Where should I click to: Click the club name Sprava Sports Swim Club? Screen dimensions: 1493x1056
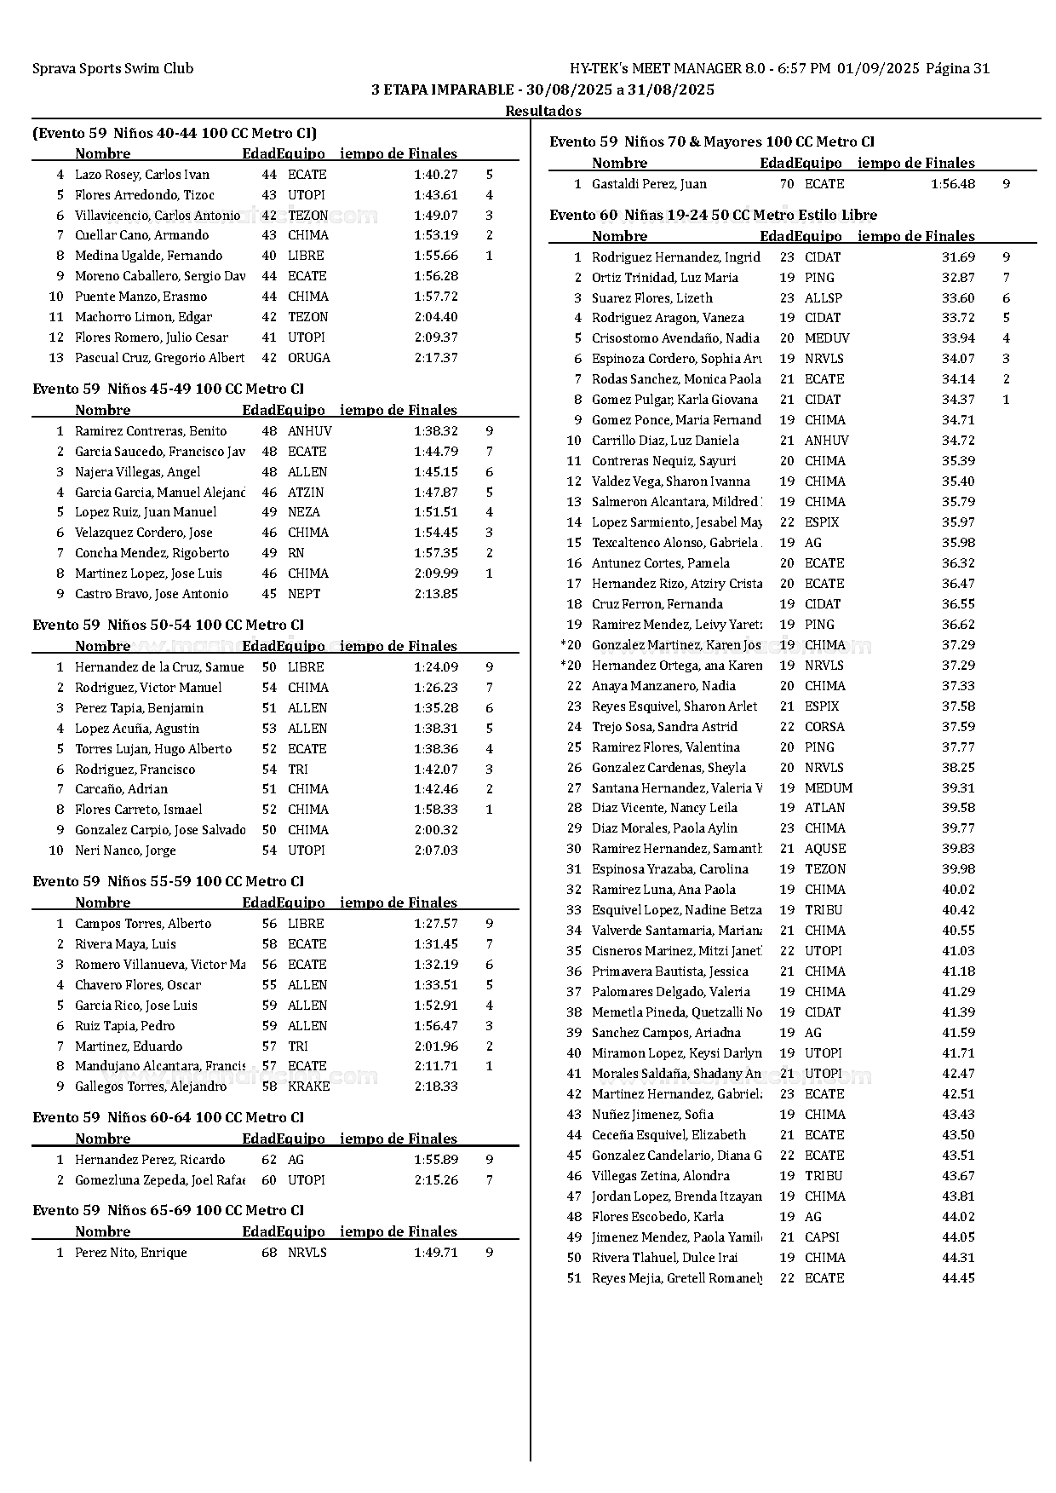click(112, 69)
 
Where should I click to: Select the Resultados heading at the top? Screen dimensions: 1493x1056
click(543, 111)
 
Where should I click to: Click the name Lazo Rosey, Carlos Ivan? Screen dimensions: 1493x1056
click(141, 175)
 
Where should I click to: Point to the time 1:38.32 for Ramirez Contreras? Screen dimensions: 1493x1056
click(436, 431)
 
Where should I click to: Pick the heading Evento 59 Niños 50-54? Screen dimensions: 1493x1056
click(168, 625)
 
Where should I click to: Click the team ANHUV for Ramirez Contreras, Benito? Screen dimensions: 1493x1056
click(309, 431)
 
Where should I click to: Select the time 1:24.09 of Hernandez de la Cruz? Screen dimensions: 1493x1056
click(436, 667)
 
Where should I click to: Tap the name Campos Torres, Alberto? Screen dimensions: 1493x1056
click(143, 924)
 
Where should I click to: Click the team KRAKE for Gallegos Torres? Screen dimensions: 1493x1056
click(308, 1087)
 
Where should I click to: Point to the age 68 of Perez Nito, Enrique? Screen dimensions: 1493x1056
click(269, 1253)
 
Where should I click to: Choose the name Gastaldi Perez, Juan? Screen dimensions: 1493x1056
click(649, 184)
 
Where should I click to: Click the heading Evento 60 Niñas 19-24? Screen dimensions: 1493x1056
click(713, 215)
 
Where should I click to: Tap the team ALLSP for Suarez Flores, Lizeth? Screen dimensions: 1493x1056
click(823, 298)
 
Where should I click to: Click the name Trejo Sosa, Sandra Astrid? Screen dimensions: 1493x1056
click(664, 727)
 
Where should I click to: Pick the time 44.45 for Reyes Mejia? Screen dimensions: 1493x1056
click(958, 1278)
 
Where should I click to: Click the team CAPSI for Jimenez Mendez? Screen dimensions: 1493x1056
click(822, 1237)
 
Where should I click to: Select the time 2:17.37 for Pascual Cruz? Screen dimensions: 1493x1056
click(436, 358)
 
